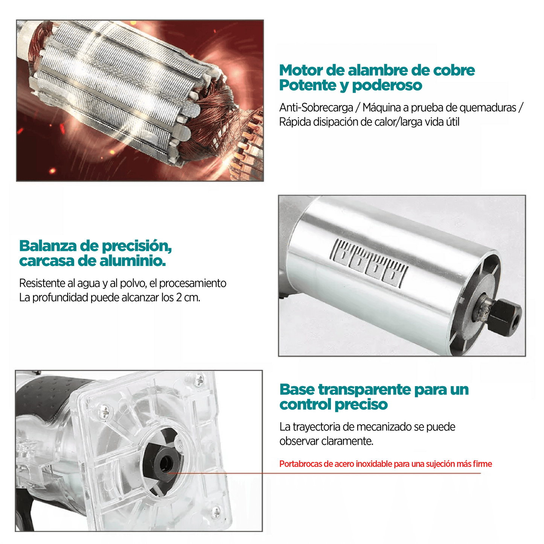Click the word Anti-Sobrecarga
pyautogui.click(x=316, y=108)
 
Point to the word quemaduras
pyautogui.click(x=488, y=108)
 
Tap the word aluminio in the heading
pyautogui.click(x=133, y=261)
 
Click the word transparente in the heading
pyautogui.click(x=364, y=390)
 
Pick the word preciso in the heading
pyautogui.click(x=361, y=405)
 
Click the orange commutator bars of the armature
pyautogui.click(x=247, y=147)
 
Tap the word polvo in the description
pyautogui.click(x=134, y=283)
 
